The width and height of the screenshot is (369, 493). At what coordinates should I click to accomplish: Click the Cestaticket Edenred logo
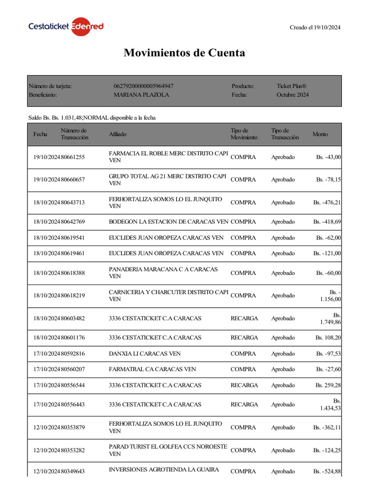(66, 26)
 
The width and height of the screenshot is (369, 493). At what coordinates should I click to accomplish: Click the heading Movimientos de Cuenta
(184, 52)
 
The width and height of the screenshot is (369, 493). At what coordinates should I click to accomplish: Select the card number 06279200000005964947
(143, 86)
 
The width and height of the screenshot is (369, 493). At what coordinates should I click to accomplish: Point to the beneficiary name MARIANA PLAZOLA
(141, 95)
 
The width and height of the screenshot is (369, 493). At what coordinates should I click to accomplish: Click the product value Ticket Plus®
(291, 86)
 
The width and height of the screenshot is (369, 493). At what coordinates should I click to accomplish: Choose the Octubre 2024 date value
(293, 95)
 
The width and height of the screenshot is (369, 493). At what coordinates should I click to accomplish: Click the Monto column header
(320, 134)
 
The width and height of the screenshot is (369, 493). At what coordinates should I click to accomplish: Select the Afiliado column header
(118, 134)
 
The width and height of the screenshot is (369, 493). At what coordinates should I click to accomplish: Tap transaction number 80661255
(73, 157)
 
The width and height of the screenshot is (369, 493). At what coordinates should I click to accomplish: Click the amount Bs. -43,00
(329, 157)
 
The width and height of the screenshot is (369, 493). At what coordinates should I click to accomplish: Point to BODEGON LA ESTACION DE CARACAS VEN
(168, 222)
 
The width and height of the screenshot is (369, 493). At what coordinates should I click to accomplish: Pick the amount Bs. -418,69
(327, 222)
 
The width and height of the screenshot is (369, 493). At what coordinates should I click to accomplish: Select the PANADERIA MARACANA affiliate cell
(163, 273)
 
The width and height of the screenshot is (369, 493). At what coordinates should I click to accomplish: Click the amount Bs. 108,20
(328, 337)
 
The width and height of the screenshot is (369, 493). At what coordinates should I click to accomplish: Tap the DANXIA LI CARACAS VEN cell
(145, 353)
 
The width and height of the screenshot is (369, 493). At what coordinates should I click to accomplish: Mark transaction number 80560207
(73, 369)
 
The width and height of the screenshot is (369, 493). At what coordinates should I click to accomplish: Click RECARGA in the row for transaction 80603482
(244, 318)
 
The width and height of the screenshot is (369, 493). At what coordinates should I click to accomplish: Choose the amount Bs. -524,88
(327, 471)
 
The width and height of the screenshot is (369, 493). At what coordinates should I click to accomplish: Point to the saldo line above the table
(92, 117)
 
